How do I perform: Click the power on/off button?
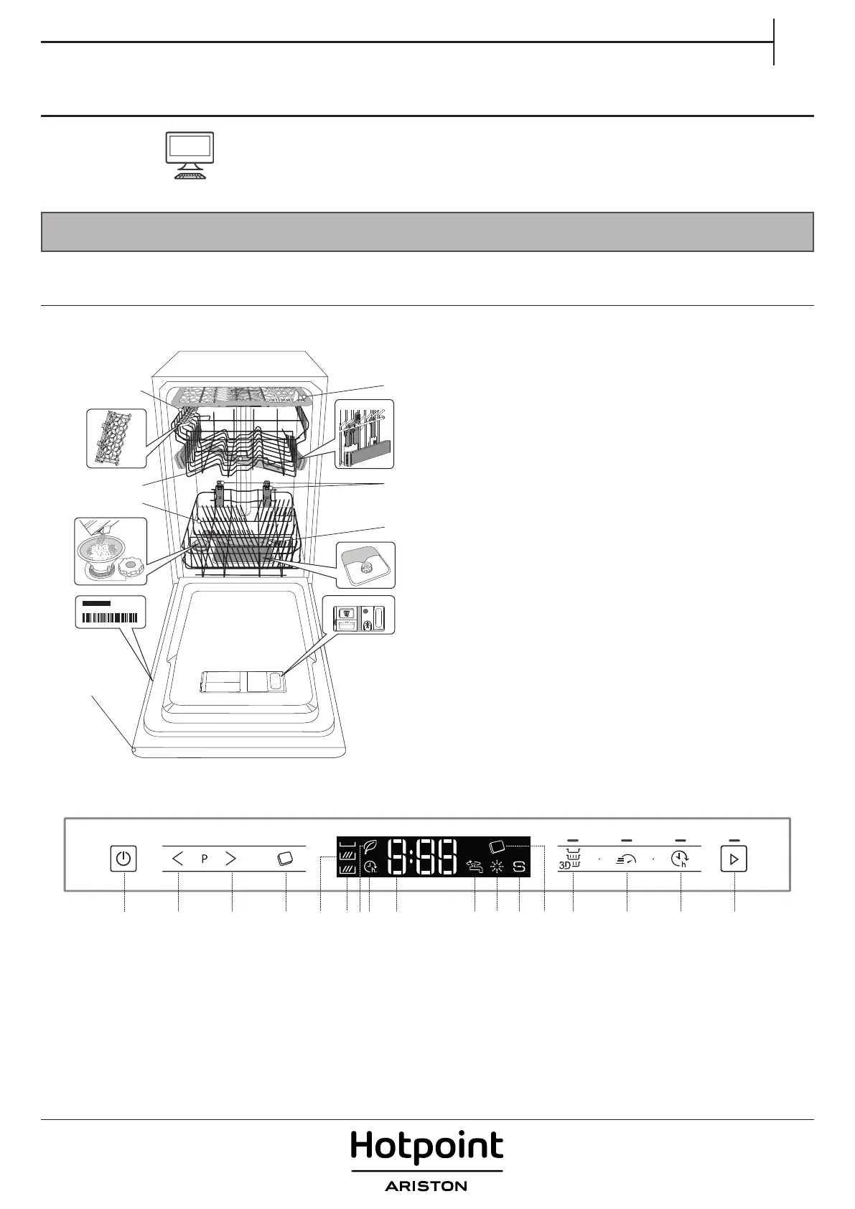pos(123,858)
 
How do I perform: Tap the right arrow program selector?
pos(231,858)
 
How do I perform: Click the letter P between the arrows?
pos(205,859)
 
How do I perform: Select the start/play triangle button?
pos(734,859)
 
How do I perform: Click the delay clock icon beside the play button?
pos(680,859)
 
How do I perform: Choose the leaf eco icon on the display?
pos(370,846)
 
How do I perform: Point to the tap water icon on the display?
pos(475,867)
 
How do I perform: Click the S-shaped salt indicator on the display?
pos(519,867)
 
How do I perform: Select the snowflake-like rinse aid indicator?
pos(497,867)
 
